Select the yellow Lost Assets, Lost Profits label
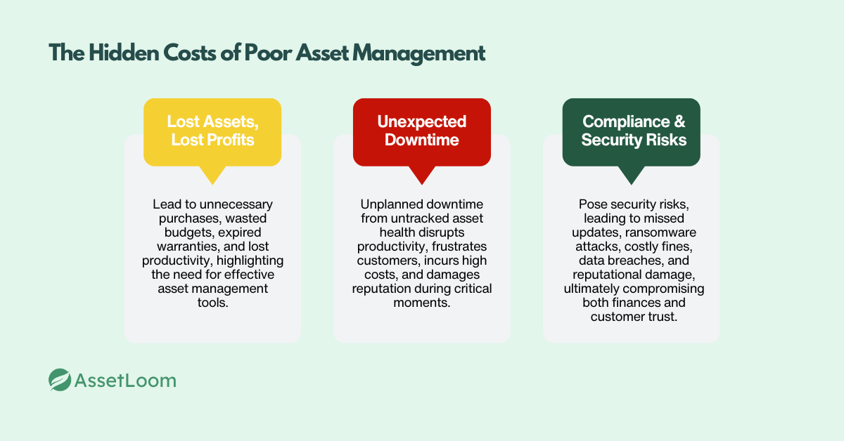[x=212, y=131]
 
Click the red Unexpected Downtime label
[x=421, y=131]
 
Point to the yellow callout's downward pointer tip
[x=212, y=183]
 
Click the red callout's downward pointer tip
[x=421, y=183]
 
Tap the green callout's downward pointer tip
[x=631, y=183]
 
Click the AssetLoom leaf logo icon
[x=60, y=380]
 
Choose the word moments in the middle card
[x=421, y=303]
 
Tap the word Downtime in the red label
[x=421, y=140]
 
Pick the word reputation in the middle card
[x=391, y=289]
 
